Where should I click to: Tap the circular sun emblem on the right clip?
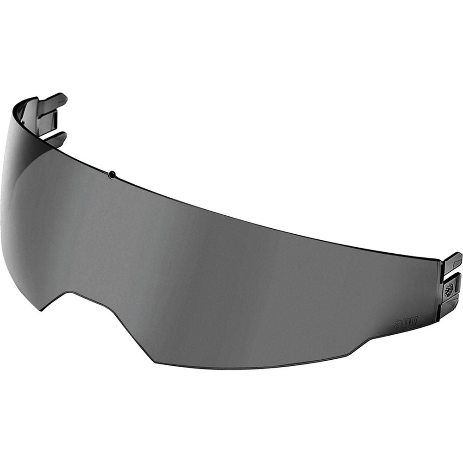[x=448, y=290]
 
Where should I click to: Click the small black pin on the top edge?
[x=112, y=175]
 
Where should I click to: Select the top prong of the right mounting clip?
[x=452, y=259]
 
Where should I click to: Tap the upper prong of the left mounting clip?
[x=53, y=100]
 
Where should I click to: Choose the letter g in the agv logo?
[x=405, y=323]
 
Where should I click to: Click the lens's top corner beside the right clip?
[x=438, y=260]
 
